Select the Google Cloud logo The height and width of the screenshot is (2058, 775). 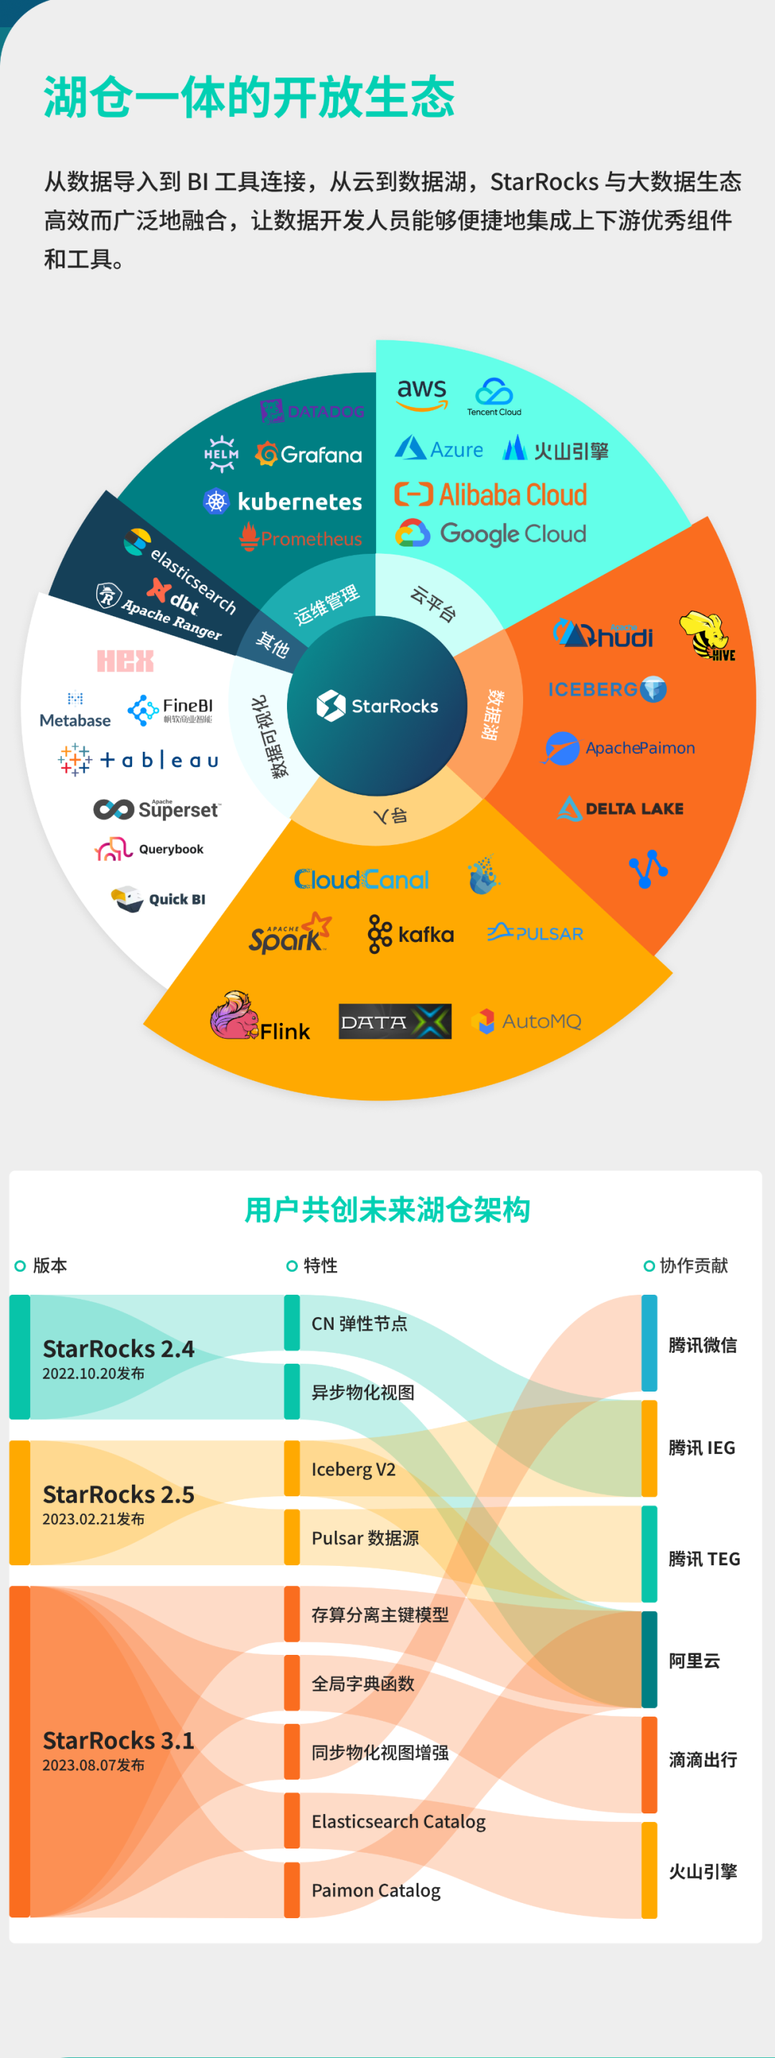click(492, 534)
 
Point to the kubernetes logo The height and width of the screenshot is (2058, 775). click(283, 501)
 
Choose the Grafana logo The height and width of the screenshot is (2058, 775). click(309, 455)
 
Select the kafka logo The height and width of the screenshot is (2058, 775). click(410, 934)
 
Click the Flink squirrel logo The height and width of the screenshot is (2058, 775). click(233, 1016)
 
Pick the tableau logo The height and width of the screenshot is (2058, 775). click(139, 760)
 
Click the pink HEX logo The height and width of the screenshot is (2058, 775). click(126, 661)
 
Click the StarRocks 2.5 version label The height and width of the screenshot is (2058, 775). click(118, 1494)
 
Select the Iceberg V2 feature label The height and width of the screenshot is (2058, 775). click(353, 1469)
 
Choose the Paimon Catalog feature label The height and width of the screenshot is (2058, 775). click(375, 1890)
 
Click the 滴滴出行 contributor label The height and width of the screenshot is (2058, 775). click(703, 1760)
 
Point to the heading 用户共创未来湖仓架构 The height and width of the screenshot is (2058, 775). click(387, 1209)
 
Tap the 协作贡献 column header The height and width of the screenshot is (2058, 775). click(692, 1265)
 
